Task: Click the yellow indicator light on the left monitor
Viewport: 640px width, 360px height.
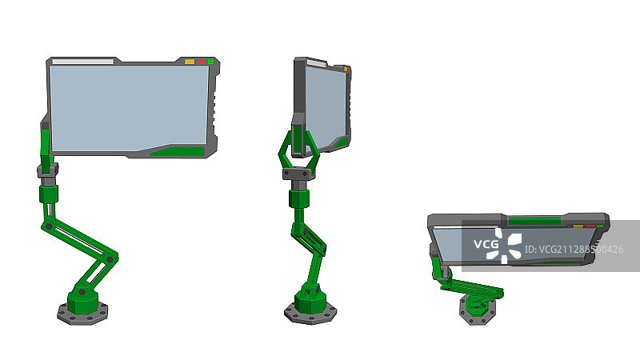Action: tap(190, 61)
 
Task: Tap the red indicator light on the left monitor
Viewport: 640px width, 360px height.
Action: tap(201, 61)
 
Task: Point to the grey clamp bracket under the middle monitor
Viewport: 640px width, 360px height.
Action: tap(299, 173)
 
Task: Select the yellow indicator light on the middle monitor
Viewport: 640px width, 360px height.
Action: tap(346, 69)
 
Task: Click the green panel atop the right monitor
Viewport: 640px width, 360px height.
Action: tap(534, 220)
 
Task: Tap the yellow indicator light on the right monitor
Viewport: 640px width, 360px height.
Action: tap(578, 226)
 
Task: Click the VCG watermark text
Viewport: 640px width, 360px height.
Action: tap(486, 244)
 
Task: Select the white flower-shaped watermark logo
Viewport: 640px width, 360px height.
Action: tap(510, 246)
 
